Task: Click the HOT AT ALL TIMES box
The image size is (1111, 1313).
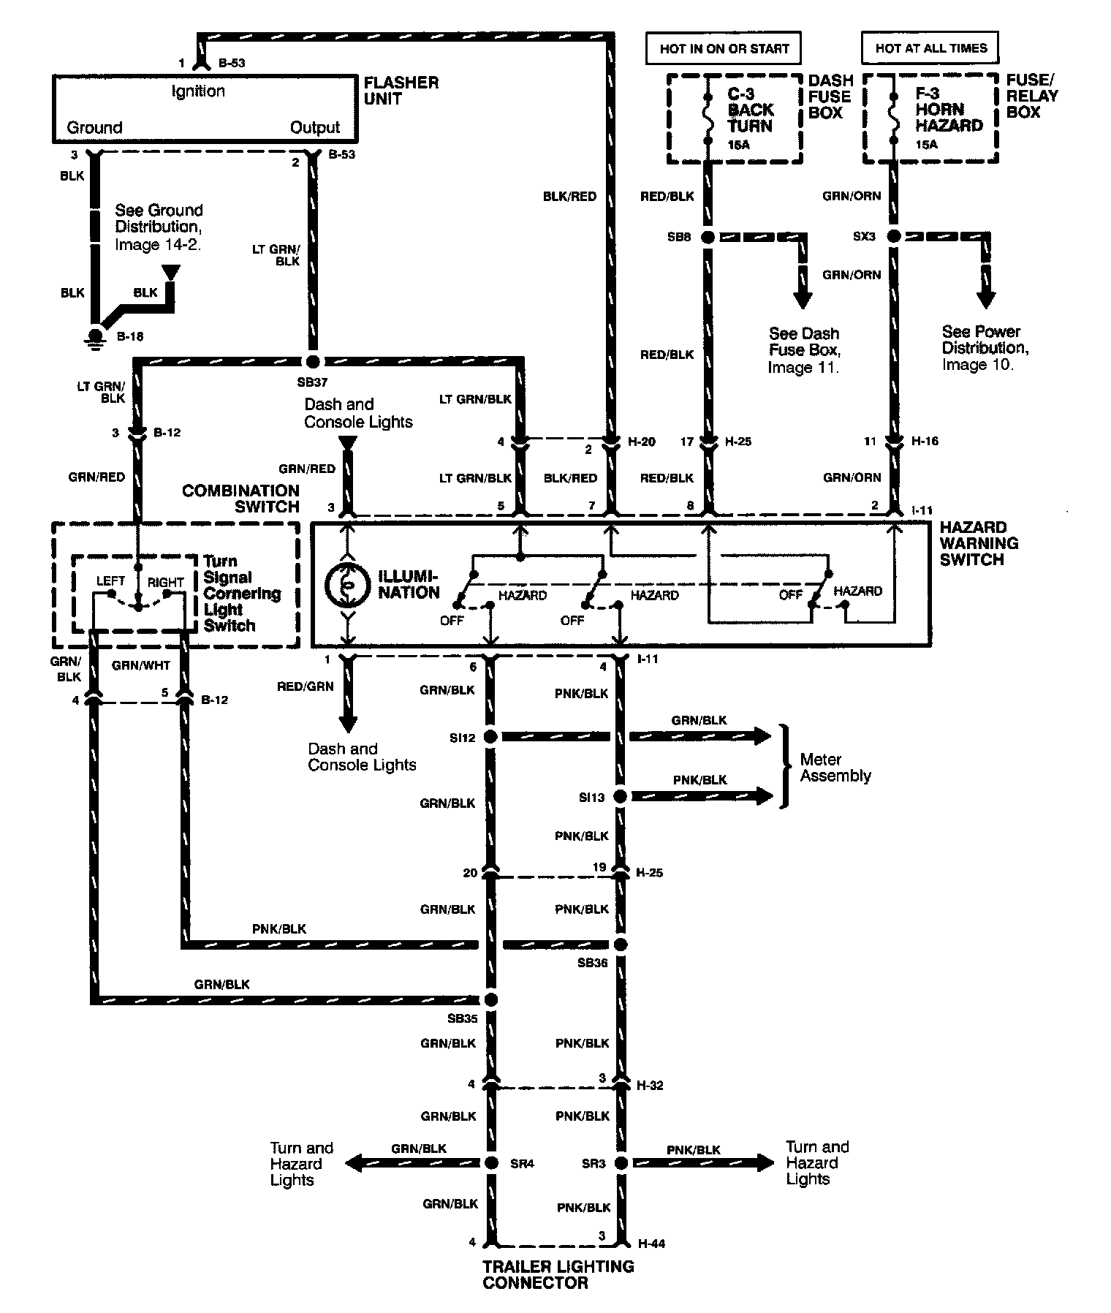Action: point(930,48)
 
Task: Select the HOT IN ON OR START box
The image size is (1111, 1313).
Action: point(724,49)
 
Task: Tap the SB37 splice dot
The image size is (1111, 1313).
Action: point(313,361)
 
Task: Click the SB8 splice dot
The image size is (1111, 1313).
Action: point(708,237)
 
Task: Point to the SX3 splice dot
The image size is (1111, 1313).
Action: point(893,237)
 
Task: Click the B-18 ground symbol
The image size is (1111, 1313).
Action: point(95,336)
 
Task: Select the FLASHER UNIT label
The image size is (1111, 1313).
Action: point(401,91)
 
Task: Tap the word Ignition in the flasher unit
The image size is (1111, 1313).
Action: point(198,91)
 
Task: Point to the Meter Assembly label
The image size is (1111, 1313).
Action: point(835,768)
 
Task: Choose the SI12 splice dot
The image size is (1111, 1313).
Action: point(490,737)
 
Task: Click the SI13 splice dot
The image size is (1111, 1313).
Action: point(620,796)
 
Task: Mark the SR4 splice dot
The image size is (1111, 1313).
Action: point(490,1163)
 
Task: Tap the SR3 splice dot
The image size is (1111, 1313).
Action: point(621,1163)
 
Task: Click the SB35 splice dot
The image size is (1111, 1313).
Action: point(490,999)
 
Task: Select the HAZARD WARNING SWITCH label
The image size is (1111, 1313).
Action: point(979,543)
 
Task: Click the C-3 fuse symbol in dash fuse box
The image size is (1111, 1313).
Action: point(708,119)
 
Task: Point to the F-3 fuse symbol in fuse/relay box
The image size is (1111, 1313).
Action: point(892,119)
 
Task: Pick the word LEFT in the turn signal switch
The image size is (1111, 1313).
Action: point(110,581)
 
